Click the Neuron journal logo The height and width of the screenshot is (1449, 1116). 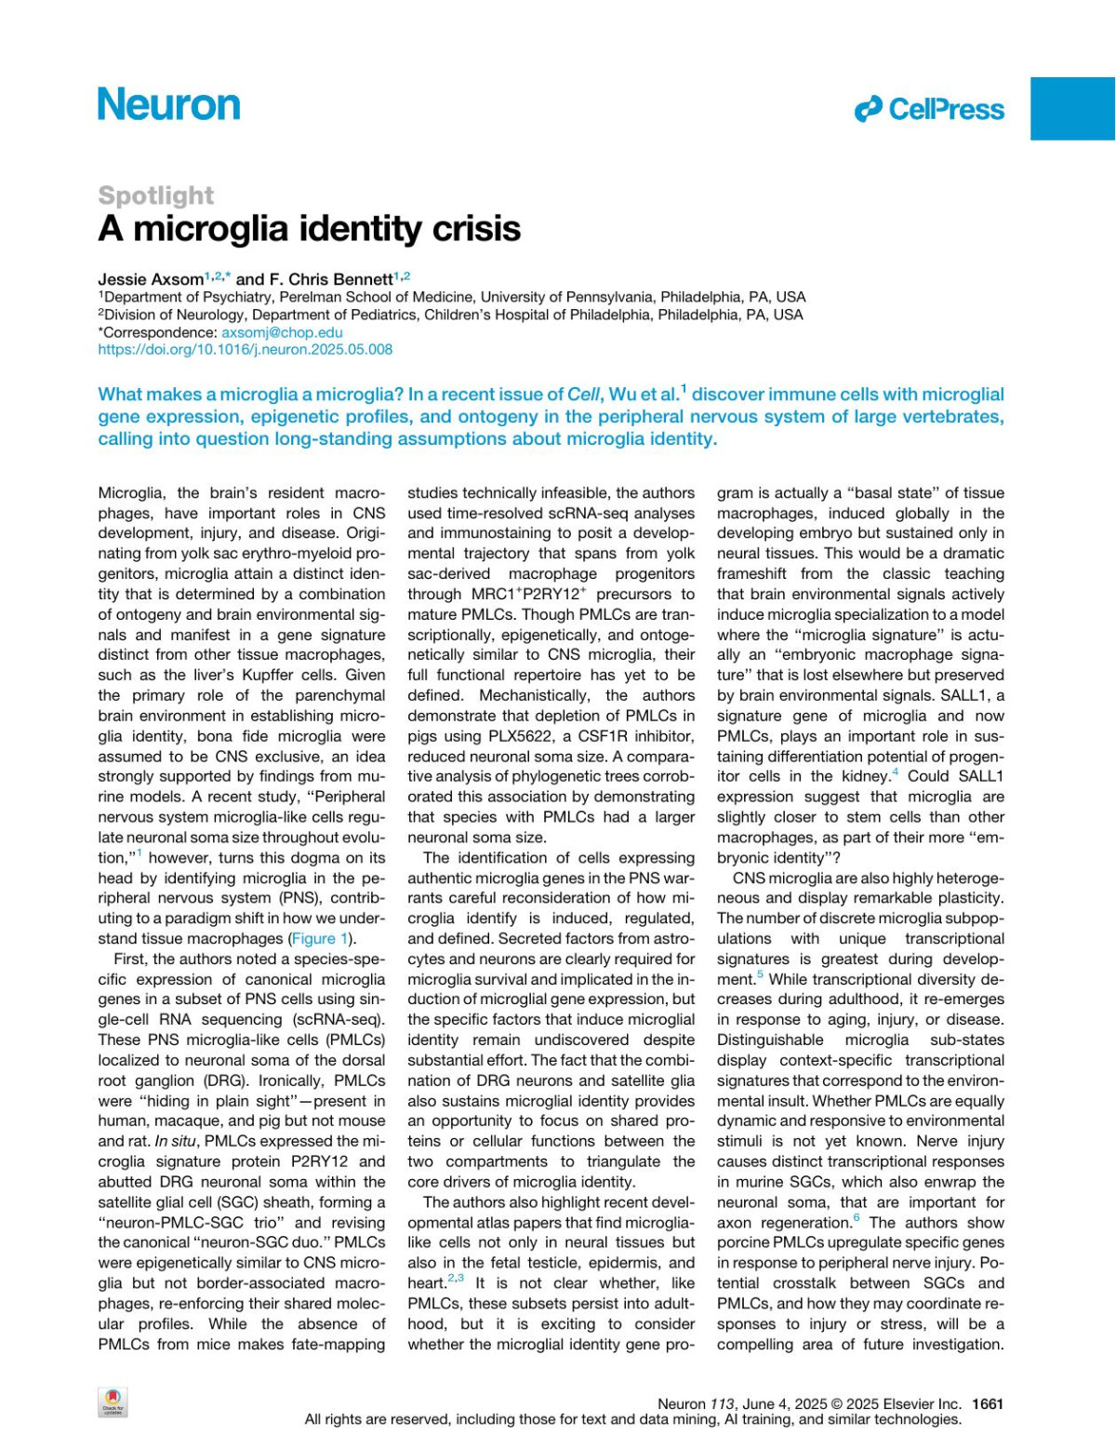(x=168, y=105)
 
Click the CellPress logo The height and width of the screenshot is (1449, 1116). (x=929, y=110)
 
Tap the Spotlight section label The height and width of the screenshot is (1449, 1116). (x=155, y=195)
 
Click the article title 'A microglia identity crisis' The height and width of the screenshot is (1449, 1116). (x=309, y=229)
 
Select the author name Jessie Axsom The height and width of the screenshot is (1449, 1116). (x=151, y=279)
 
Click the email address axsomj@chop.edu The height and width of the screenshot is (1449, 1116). (x=282, y=332)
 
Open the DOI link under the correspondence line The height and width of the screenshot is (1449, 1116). (x=245, y=350)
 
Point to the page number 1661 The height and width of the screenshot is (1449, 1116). (x=987, y=1404)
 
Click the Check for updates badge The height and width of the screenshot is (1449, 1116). (x=113, y=1403)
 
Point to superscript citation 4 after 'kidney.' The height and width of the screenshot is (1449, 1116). (x=896, y=773)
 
